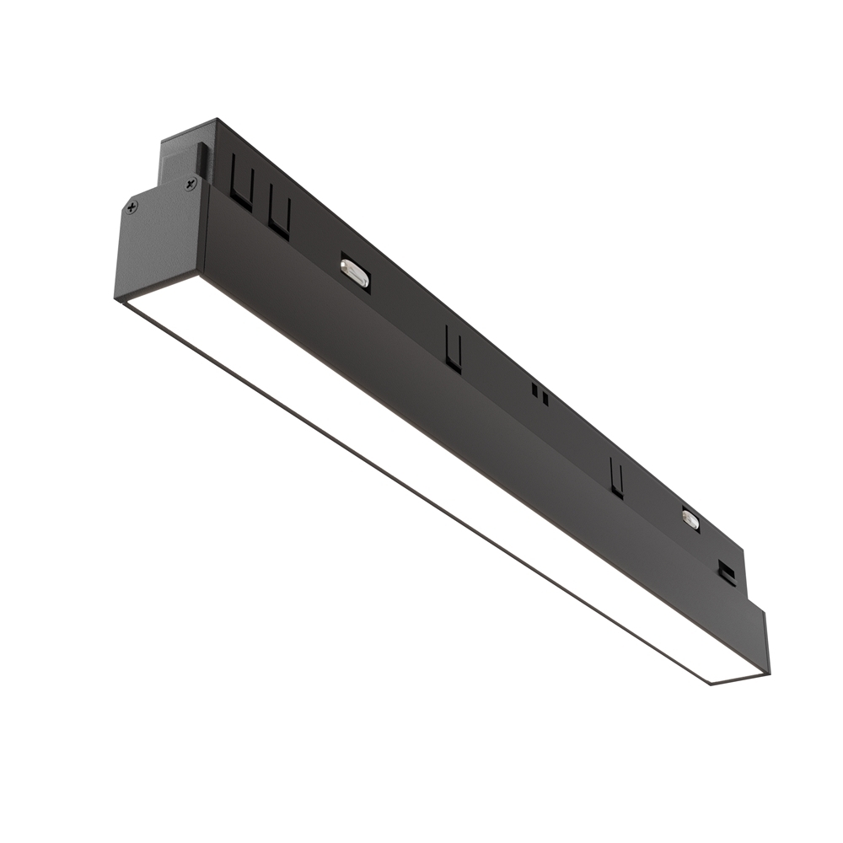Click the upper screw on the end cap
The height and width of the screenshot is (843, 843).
click(191, 182)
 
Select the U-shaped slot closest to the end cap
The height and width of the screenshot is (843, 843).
click(241, 191)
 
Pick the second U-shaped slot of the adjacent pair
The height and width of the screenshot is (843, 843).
click(280, 215)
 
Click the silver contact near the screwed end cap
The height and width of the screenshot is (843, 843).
click(356, 273)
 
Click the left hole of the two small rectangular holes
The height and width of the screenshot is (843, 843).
click(535, 389)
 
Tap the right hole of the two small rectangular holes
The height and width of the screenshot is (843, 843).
click(545, 396)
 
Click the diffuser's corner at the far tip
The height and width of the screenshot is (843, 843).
click(713, 681)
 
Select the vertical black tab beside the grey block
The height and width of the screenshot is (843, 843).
click(203, 160)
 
